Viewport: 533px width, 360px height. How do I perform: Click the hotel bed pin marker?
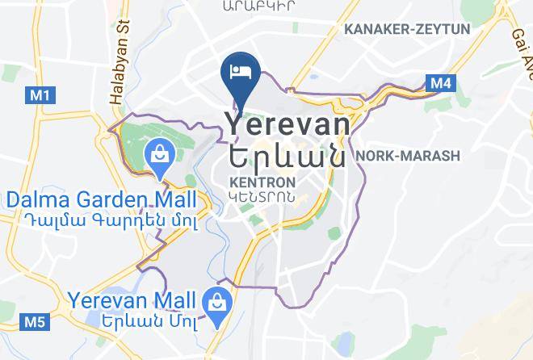(240, 70)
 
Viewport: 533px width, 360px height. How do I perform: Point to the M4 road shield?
(440, 82)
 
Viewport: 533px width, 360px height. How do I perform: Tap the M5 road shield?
(35, 322)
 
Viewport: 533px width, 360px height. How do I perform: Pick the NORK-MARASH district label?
(407, 156)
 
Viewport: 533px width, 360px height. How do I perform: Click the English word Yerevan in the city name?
(287, 125)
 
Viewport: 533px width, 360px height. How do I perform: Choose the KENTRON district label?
(261, 182)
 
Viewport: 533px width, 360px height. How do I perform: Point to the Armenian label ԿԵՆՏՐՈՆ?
(260, 196)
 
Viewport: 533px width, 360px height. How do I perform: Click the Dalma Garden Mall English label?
(101, 199)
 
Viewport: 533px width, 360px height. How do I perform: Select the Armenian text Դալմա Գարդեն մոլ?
(102, 218)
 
